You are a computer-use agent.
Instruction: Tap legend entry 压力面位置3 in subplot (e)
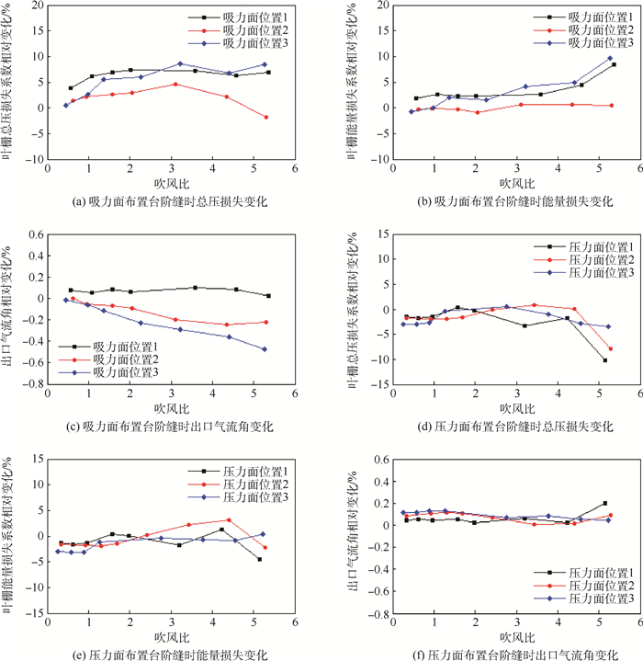[x=251, y=497]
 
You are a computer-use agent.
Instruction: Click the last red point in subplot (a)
[x=266, y=117]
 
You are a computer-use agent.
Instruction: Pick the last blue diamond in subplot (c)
[x=265, y=349]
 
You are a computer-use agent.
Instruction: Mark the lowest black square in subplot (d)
[x=605, y=360]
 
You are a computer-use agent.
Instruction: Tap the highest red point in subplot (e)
[x=228, y=519]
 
